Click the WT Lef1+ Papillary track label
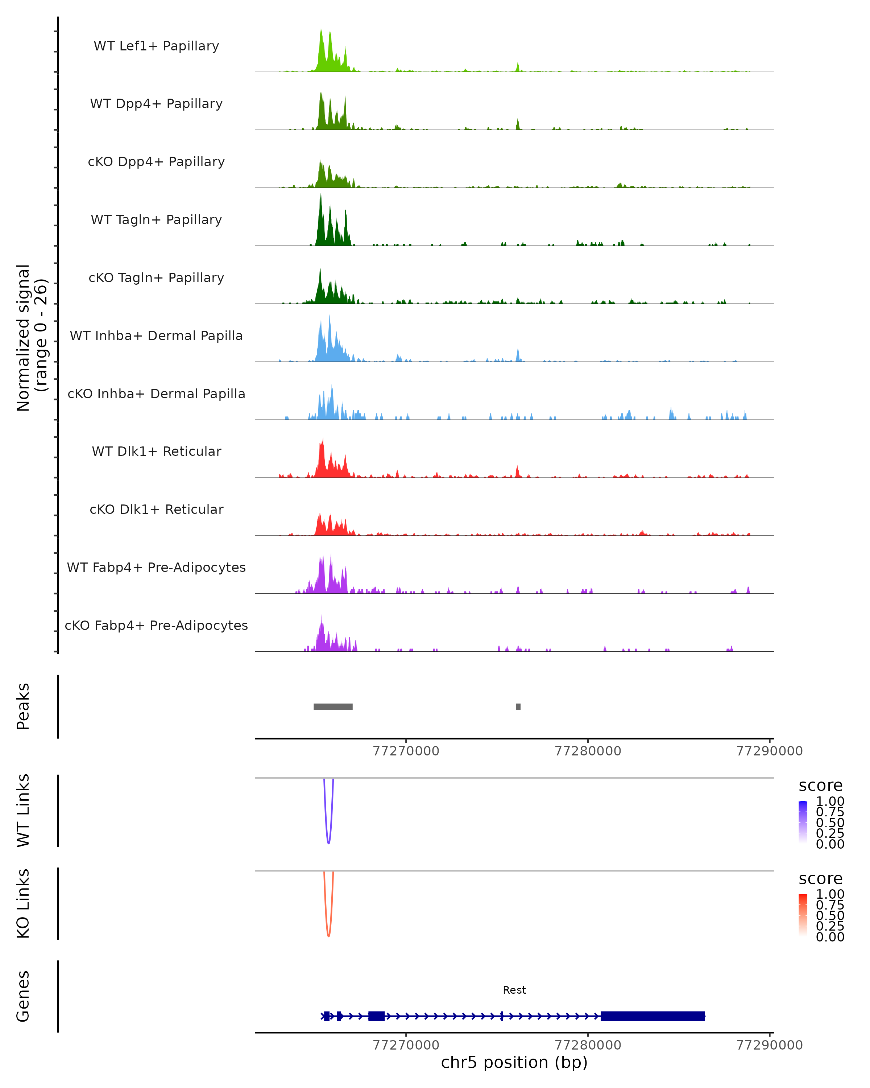pos(156,46)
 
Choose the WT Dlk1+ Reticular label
pos(156,451)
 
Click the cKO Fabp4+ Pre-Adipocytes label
pos(156,625)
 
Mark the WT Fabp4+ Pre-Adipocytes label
pos(156,567)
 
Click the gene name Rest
pos(514,990)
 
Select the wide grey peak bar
pos(333,706)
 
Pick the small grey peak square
pos(518,706)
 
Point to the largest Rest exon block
pos(652,1016)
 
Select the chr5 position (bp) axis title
pos(514,1062)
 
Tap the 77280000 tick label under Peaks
pos(588,751)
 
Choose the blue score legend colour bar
pos(803,821)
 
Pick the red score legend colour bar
pos(803,914)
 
